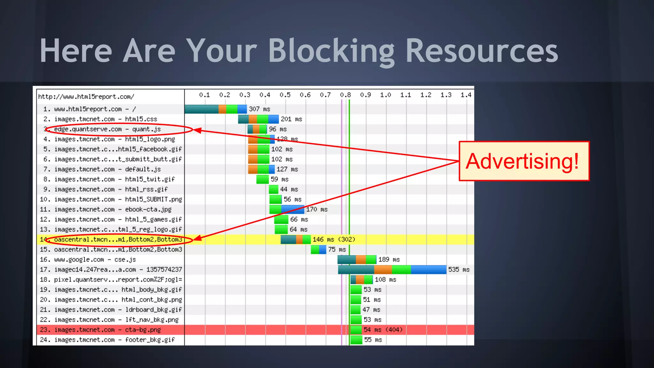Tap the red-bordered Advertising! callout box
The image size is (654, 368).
pyautogui.click(x=524, y=161)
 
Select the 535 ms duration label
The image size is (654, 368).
pyautogui.click(x=459, y=270)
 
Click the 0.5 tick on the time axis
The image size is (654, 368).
pyautogui.click(x=285, y=95)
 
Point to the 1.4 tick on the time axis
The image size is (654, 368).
pyautogui.click(x=466, y=95)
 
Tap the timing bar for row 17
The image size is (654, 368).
pyautogui.click(x=392, y=270)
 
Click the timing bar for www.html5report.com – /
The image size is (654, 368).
pyautogui.click(x=216, y=109)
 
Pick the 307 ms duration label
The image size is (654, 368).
pyautogui.click(x=259, y=109)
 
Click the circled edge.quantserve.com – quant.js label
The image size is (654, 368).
pyautogui.click(x=107, y=129)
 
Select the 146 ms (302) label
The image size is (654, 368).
pyautogui.click(x=334, y=239)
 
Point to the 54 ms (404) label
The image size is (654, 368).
pyautogui.click(x=383, y=330)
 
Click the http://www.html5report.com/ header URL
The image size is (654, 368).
pyautogui.click(x=86, y=96)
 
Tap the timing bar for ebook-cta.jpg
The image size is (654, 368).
pyautogui.click(x=287, y=209)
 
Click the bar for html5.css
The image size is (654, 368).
pyautogui.click(x=258, y=119)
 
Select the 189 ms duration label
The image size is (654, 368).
pyautogui.click(x=389, y=259)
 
